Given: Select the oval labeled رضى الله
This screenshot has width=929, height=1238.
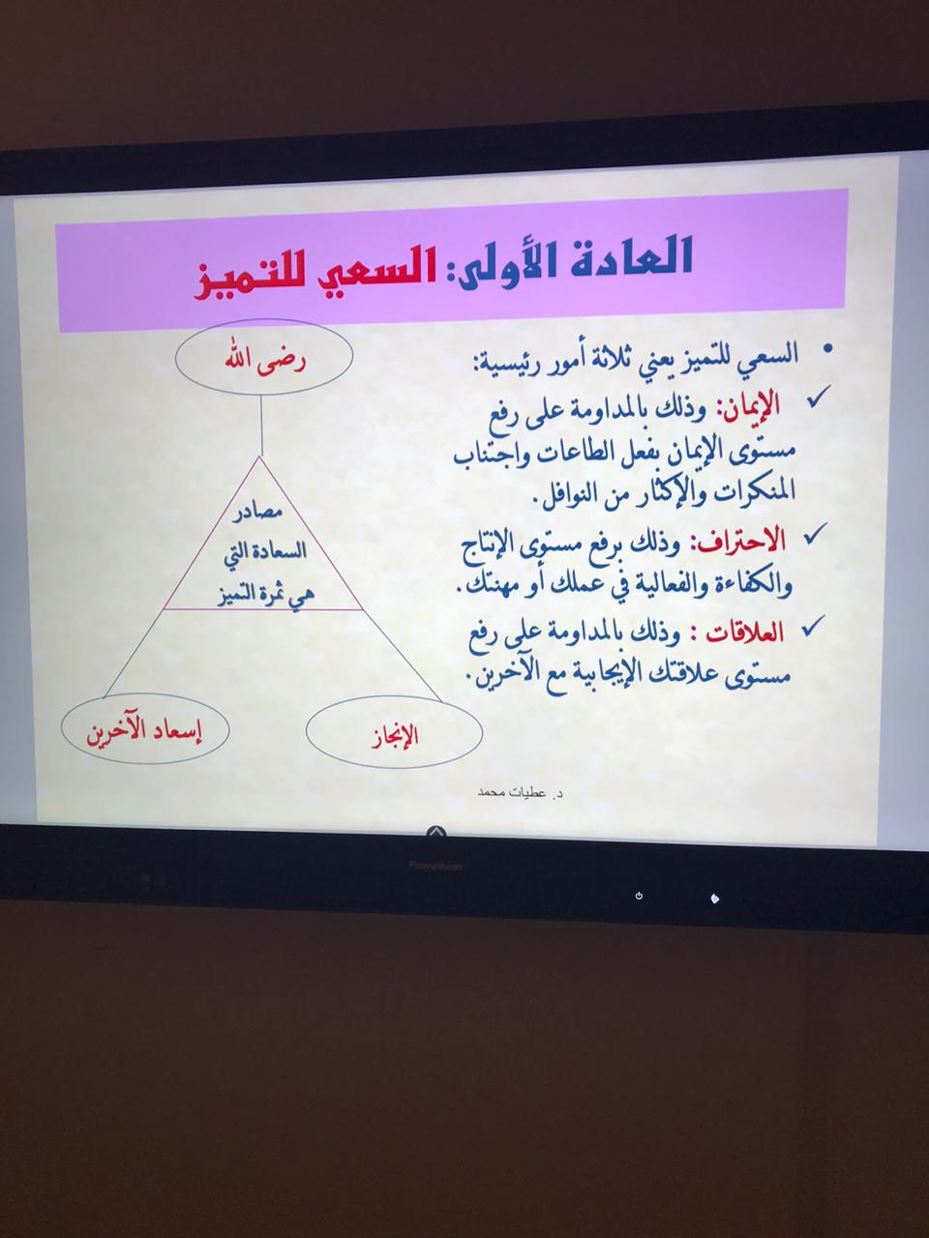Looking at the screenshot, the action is pyautogui.click(x=263, y=358).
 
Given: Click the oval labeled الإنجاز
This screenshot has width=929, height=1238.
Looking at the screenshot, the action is pyautogui.click(x=394, y=733).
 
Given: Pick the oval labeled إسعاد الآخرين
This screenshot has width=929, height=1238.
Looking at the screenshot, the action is pyautogui.click(x=145, y=728).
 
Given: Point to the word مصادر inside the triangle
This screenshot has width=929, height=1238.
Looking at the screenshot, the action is pyautogui.click(x=257, y=513).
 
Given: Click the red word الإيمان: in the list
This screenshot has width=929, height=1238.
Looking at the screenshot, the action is pyautogui.click(x=748, y=405).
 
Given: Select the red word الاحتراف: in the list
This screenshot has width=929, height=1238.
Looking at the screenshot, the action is pyautogui.click(x=741, y=542).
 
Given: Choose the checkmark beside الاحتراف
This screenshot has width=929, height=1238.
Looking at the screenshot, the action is pyautogui.click(x=816, y=533).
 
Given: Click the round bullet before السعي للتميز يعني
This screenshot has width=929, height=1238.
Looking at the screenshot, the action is pyautogui.click(x=827, y=350).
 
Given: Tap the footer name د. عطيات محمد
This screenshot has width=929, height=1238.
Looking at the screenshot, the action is pyautogui.click(x=521, y=792).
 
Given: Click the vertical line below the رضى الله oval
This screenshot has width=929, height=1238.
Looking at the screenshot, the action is pyautogui.click(x=261, y=426).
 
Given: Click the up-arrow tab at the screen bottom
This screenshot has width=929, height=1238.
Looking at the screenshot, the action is pyautogui.click(x=437, y=832).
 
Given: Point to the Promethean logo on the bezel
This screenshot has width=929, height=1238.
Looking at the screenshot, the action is pyautogui.click(x=435, y=866).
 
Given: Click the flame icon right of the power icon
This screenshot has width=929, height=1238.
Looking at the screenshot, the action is pyautogui.click(x=714, y=899).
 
